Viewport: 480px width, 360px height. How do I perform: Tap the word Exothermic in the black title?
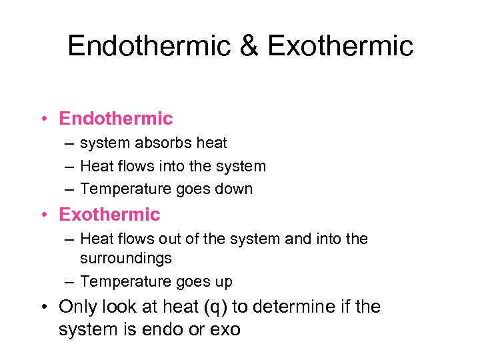pos(340,46)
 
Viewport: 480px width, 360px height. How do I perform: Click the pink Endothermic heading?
pos(116,119)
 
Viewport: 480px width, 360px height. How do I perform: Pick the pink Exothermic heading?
pos(110,215)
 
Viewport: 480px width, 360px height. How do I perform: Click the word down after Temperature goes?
pos(233,189)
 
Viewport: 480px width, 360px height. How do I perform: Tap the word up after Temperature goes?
pos(223,282)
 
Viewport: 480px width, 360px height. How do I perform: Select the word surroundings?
pos(126,258)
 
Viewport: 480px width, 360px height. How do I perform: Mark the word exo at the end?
pos(227,329)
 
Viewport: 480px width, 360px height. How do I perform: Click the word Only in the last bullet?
pos(77,307)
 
